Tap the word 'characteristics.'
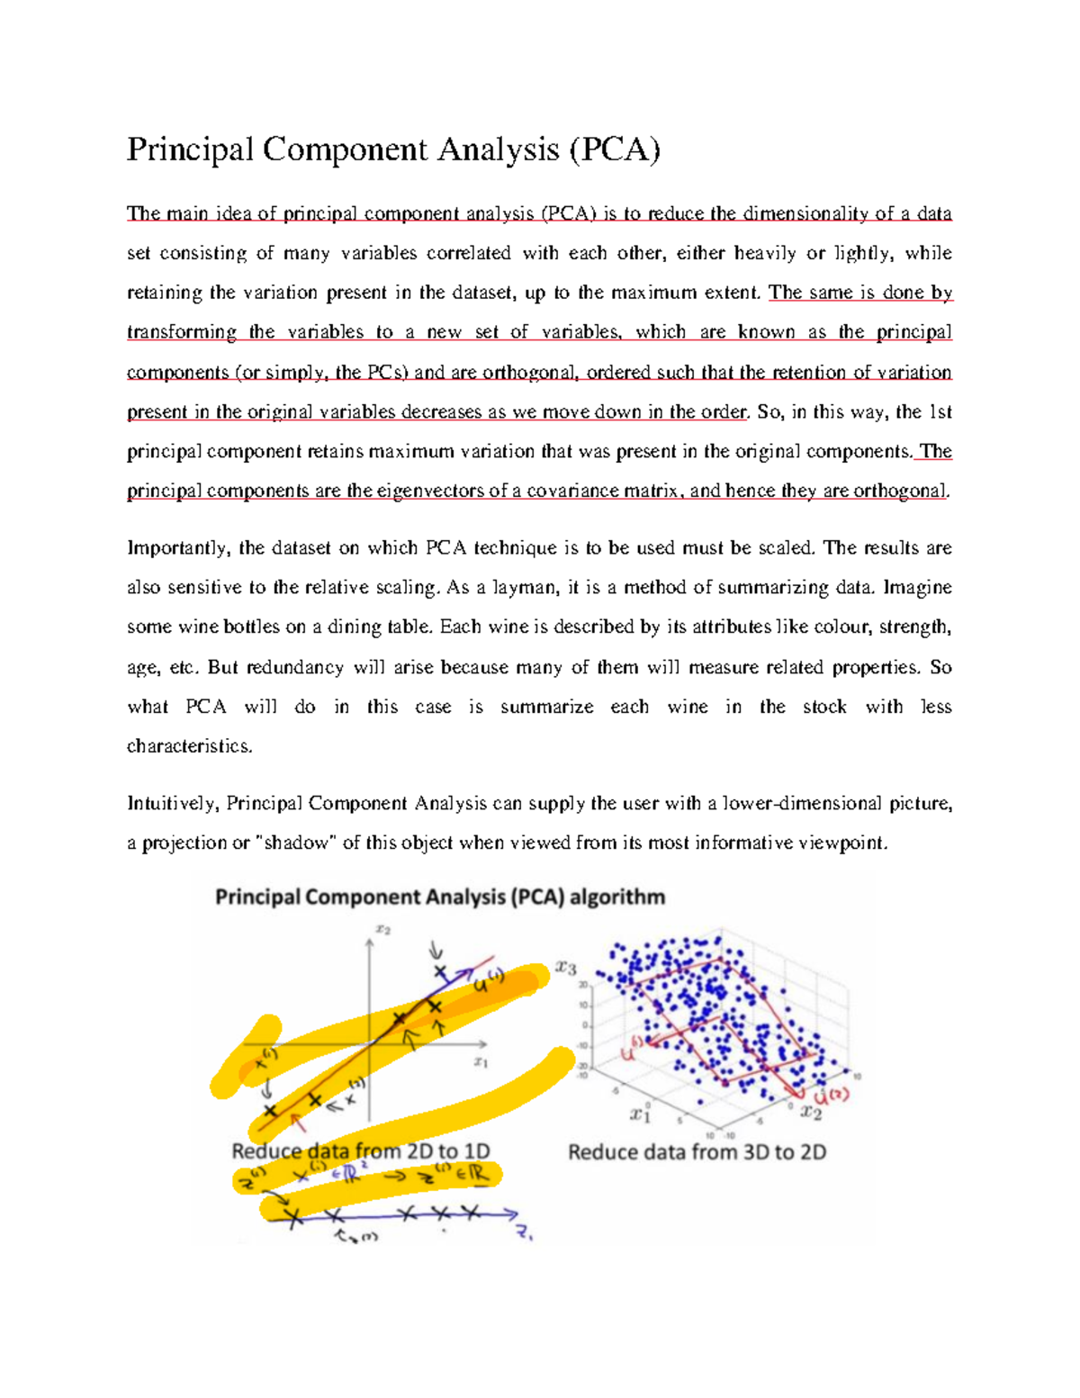pyautogui.click(x=190, y=746)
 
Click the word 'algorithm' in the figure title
pyautogui.click(x=617, y=897)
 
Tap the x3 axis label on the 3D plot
pyautogui.click(x=565, y=969)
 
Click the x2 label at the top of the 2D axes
pyautogui.click(x=382, y=930)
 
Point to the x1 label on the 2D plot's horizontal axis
pyautogui.click(x=481, y=1063)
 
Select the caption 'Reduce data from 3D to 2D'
pyautogui.click(x=697, y=1152)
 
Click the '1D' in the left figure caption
pyautogui.click(x=474, y=1151)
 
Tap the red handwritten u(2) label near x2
pyautogui.click(x=831, y=1096)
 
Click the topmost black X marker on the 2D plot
pyautogui.click(x=440, y=972)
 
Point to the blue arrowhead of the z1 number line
pyautogui.click(x=513, y=1214)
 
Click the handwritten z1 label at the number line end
pyautogui.click(x=525, y=1234)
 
